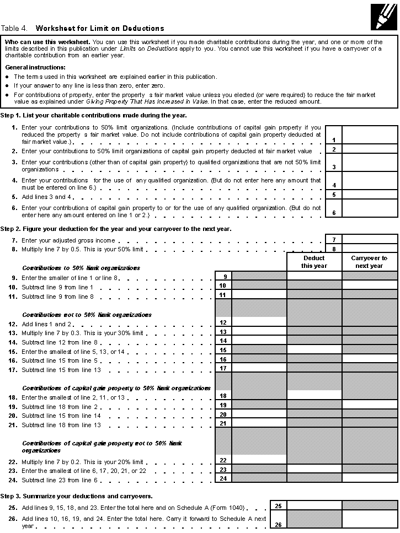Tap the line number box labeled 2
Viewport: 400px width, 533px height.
tap(334, 149)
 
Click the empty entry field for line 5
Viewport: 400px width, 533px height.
tap(370, 195)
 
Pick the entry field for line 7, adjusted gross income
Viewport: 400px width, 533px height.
tap(370, 240)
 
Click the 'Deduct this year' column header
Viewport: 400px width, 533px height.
tap(314, 262)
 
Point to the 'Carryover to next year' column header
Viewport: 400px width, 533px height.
tap(369, 262)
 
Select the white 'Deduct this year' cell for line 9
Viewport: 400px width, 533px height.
tap(314, 276)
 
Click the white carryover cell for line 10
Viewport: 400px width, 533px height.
tap(369, 286)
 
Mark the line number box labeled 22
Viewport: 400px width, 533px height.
tap(223, 460)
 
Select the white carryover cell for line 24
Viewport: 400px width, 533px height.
tap(369, 478)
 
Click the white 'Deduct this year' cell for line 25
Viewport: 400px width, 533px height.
tap(314, 505)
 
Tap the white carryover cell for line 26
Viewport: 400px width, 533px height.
tap(369, 521)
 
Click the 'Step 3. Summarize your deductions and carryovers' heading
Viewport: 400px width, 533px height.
tap(77, 496)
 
